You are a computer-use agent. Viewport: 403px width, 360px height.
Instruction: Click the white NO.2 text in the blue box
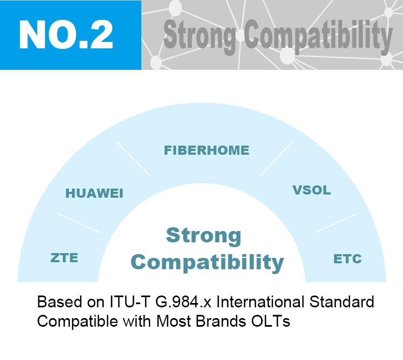(66, 34)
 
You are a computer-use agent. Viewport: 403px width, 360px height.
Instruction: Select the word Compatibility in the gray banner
(319, 37)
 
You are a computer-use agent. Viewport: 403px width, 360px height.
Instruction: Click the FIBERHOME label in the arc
(207, 150)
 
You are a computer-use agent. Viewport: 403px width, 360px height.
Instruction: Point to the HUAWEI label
(95, 193)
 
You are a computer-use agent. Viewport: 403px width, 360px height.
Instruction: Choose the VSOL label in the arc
(312, 190)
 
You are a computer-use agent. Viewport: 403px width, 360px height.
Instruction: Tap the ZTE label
(64, 258)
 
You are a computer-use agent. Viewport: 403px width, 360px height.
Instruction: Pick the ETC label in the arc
(348, 259)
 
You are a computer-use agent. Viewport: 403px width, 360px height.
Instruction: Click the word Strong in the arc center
(204, 236)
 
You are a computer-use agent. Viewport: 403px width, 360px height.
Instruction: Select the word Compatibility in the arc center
(207, 263)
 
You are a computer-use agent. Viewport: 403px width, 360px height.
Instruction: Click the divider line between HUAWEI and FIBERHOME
(134, 159)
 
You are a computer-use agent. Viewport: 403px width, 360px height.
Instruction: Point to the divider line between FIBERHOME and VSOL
(276, 159)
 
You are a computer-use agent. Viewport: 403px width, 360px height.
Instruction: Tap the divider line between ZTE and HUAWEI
(78, 223)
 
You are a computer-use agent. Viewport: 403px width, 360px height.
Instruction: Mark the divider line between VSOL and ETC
(336, 223)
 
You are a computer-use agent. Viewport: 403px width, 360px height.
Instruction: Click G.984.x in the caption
(183, 301)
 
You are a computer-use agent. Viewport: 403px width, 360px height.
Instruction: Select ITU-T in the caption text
(130, 301)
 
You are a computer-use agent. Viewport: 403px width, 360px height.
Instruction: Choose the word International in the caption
(261, 301)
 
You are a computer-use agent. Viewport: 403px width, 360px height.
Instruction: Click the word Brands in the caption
(221, 321)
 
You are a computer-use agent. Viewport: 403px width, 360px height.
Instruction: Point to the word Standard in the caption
(342, 301)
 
